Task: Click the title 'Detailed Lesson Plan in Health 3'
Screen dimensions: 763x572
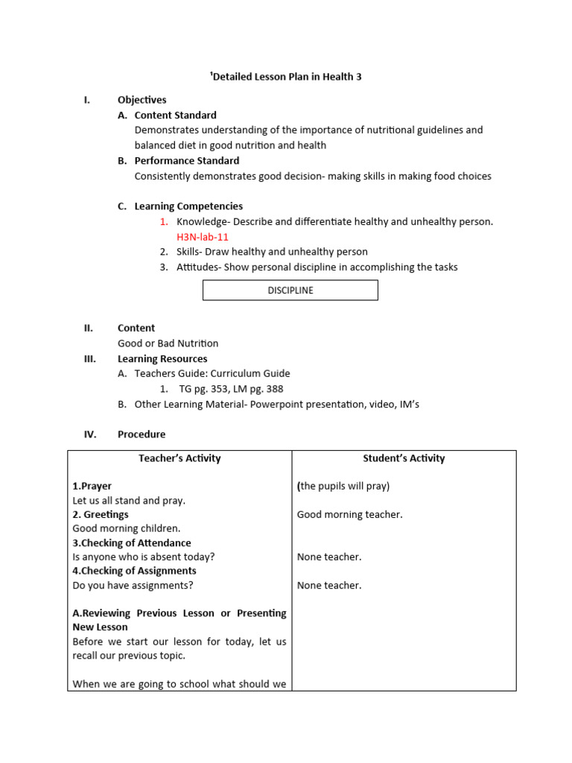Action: [x=286, y=77]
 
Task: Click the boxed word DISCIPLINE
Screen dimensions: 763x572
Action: [x=290, y=291]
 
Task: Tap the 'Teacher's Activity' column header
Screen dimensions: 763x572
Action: [x=179, y=458]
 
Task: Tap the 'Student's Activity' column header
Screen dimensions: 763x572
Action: [x=404, y=458]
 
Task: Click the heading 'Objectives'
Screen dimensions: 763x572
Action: [x=142, y=100]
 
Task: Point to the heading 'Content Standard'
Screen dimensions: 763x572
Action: [x=175, y=115]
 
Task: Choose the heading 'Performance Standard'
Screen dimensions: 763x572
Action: [x=186, y=161]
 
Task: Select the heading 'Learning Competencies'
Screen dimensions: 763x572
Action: [x=188, y=206]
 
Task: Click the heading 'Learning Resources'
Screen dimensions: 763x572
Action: [x=162, y=358]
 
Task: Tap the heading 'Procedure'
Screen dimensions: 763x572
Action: [x=142, y=434]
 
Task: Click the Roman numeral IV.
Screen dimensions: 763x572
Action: [x=90, y=434]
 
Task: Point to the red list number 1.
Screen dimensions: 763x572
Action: [x=164, y=222]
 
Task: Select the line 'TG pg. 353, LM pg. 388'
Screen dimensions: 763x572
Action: [x=231, y=389]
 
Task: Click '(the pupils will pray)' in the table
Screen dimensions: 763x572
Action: [x=343, y=486]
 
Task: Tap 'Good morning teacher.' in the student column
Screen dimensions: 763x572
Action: [x=350, y=515]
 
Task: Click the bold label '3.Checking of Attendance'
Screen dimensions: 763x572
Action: [x=132, y=543]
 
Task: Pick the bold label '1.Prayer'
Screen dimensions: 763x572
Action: [x=92, y=486]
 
